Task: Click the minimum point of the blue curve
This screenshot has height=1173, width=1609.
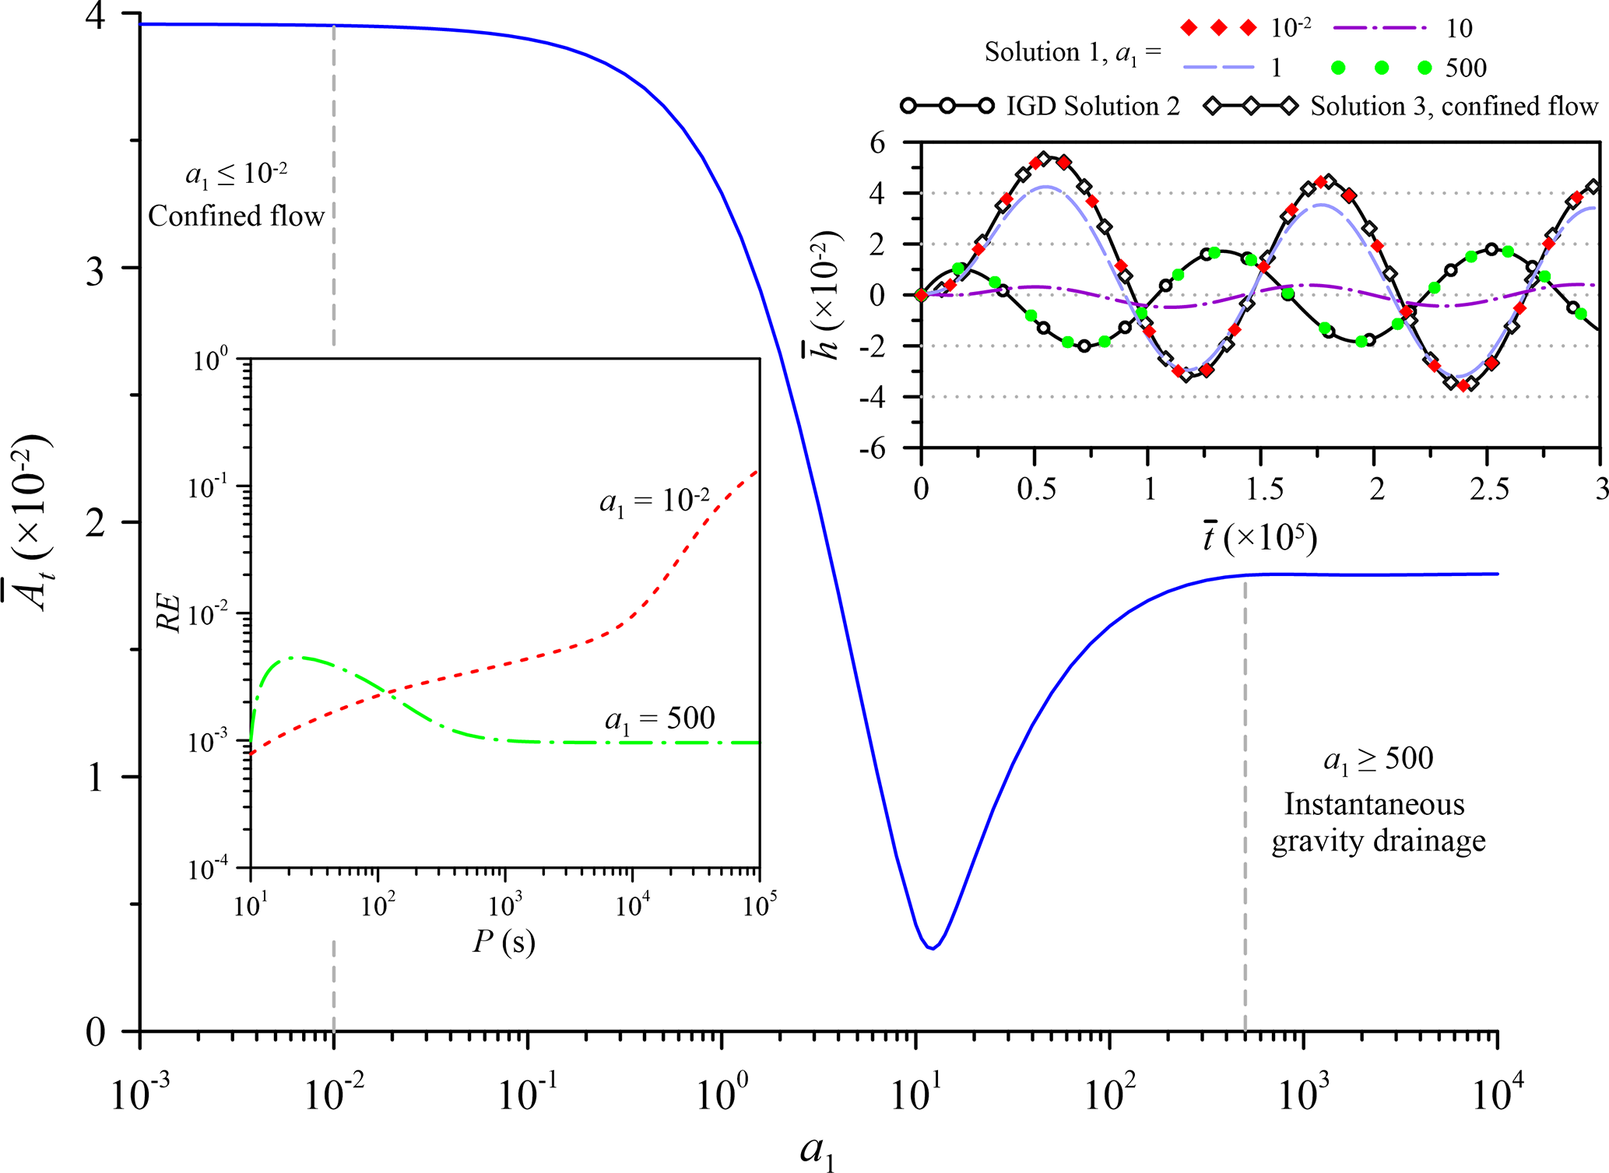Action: (x=932, y=947)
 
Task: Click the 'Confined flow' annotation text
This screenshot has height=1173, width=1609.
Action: (x=236, y=216)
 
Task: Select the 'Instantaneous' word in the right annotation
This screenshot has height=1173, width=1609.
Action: (x=1374, y=804)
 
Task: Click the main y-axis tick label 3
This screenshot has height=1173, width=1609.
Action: (x=95, y=272)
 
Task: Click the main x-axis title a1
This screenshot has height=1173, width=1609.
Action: (x=817, y=1151)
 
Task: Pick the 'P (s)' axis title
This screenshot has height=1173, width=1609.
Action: (x=504, y=943)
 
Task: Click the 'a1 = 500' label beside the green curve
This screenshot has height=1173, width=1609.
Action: (x=659, y=719)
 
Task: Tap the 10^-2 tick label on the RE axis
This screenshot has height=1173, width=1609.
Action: (x=209, y=614)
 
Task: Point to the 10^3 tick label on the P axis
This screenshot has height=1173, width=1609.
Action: (x=505, y=906)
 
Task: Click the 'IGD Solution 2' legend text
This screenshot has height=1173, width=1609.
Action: (x=1093, y=106)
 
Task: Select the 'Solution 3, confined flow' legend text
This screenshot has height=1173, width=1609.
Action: (x=1453, y=106)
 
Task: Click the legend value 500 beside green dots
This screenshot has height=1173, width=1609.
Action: (x=1466, y=68)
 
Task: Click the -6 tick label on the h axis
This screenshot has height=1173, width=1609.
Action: (x=873, y=448)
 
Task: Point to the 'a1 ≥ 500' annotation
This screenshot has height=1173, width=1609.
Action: (x=1378, y=759)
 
